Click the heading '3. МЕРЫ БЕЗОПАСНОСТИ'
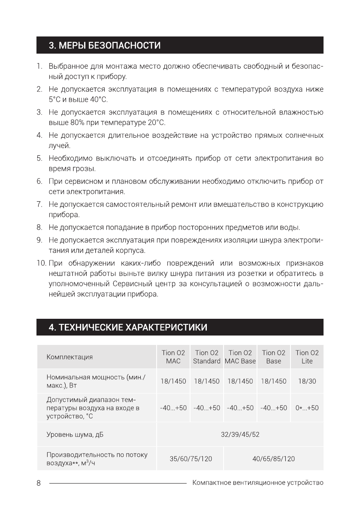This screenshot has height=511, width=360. pos(105,45)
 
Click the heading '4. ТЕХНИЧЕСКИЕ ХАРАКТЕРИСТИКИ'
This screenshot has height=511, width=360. pos(128,328)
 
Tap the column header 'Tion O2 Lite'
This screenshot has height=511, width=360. pos(307,357)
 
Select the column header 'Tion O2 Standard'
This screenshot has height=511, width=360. pos(206,357)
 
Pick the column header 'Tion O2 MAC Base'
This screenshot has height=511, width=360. pos(240,357)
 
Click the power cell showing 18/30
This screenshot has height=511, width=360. pos(307,381)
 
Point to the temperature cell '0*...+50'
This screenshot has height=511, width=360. pos(307,408)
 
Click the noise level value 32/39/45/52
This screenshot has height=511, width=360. pos(240,435)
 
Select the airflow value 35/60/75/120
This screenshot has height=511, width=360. pos(191,459)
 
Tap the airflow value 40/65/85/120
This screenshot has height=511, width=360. pos(273,459)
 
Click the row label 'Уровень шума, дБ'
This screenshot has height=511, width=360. pos(75,435)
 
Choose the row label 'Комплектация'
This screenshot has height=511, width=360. pos(70,357)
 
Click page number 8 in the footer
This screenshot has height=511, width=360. pos(39,483)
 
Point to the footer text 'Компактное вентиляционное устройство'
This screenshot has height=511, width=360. pos(258,483)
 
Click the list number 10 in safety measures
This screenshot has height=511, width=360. pos(41,263)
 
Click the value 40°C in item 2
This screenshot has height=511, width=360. pos(98,100)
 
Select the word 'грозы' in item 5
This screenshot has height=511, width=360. pos(85,169)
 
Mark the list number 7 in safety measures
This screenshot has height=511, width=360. pos(39,204)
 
